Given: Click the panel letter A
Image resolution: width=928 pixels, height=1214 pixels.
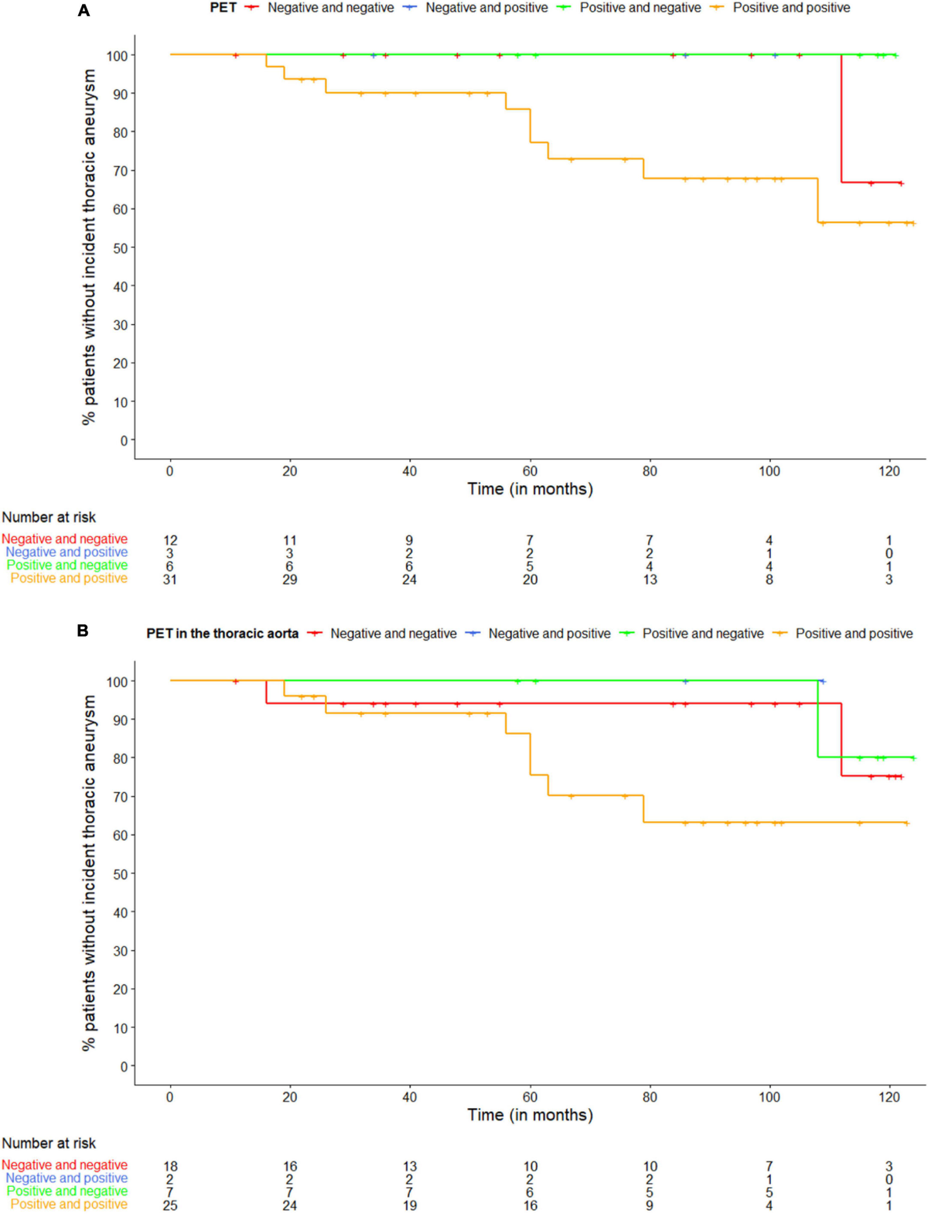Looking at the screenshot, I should click(x=84, y=11).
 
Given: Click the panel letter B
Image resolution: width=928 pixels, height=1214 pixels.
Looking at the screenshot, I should click(x=83, y=631).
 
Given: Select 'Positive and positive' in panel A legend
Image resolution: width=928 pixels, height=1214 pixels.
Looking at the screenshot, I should click(x=791, y=8).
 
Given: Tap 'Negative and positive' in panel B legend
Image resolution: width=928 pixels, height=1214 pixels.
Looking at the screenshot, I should click(x=549, y=634).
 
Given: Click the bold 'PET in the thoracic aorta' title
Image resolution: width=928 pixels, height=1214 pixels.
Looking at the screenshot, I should click(x=222, y=634).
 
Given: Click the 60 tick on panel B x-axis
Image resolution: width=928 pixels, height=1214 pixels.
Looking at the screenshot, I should click(x=530, y=1096).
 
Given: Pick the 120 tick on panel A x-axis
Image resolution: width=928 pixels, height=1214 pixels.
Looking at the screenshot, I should click(x=889, y=470).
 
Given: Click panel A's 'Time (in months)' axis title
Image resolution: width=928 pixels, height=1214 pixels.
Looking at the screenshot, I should click(x=530, y=489).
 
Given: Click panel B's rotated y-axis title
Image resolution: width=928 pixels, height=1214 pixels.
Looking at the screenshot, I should click(x=89, y=873).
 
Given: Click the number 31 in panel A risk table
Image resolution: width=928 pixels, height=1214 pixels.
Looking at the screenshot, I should click(x=169, y=580).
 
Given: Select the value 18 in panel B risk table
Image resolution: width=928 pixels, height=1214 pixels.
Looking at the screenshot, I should click(x=169, y=1166).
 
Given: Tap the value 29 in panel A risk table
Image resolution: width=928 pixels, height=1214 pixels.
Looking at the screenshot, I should click(x=289, y=580).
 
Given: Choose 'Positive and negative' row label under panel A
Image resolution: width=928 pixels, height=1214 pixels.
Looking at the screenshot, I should click(x=67, y=566).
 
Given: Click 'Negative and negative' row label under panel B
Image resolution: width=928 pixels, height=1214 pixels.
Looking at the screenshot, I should click(x=64, y=1165).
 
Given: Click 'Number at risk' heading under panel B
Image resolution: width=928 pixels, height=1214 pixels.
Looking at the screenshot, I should click(x=49, y=1143).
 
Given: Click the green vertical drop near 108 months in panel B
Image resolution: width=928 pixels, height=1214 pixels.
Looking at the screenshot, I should click(x=817, y=719).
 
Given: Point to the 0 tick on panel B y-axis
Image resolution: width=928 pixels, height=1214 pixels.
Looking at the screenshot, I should click(x=123, y=1066).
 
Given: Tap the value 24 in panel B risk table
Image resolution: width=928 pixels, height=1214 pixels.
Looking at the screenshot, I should click(x=289, y=1205).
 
